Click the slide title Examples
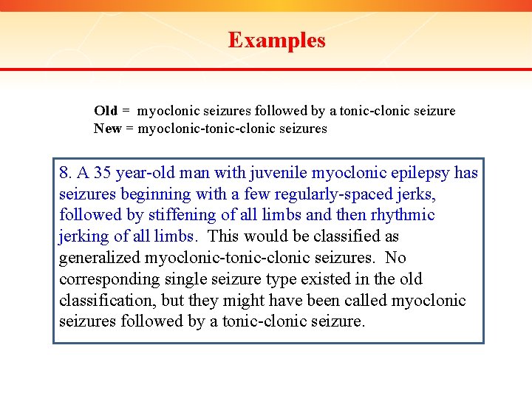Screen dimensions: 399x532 pyautogui.click(x=276, y=40)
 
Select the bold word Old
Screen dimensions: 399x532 pyautogui.click(x=106, y=111)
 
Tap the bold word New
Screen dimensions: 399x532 pyautogui.click(x=107, y=129)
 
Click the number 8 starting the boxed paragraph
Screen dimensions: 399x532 pyautogui.click(x=64, y=174)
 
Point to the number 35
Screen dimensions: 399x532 pyautogui.click(x=104, y=174)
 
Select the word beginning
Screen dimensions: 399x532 pyautogui.click(x=154, y=194)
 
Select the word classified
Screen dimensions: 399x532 pyautogui.click(x=346, y=237)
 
